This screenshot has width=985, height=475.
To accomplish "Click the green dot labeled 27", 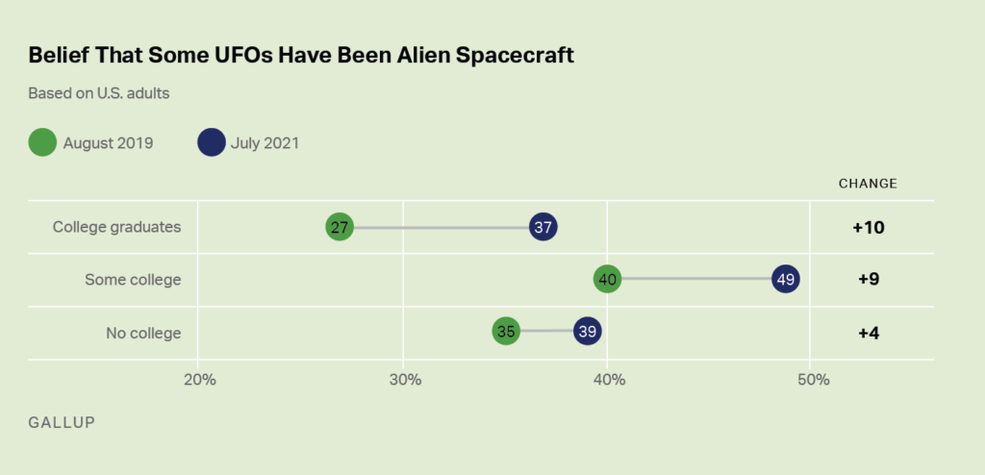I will coord(340,227).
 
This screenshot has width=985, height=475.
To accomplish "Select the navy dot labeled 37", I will coord(543,227).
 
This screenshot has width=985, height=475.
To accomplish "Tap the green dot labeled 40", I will coord(607,280).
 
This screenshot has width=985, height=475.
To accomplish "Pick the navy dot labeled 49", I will coord(786,280).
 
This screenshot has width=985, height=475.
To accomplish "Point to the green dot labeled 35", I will coord(505,332).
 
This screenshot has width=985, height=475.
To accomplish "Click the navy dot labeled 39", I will coord(587,332).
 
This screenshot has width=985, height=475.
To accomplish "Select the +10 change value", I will coord(868,228).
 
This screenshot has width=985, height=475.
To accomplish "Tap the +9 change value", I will coord(868,280).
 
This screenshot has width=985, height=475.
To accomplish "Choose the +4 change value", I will coord(868,333).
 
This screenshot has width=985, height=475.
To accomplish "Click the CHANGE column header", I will coord(868,183).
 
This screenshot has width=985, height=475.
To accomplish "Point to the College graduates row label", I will coord(116,228).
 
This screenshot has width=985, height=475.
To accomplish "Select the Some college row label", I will coord(133,280).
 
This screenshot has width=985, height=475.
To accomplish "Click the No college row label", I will coord(143,333).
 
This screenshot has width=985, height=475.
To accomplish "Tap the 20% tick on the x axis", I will coord(199,379).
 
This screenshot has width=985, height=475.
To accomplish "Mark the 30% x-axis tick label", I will coord(405,379).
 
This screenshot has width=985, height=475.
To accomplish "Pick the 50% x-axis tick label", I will coord(813,379).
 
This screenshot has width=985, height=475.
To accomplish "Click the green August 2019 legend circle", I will coord(42,143).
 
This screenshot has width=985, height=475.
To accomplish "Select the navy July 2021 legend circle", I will coord(211,143).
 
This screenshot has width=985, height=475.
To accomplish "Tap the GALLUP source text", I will coord(62,422).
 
